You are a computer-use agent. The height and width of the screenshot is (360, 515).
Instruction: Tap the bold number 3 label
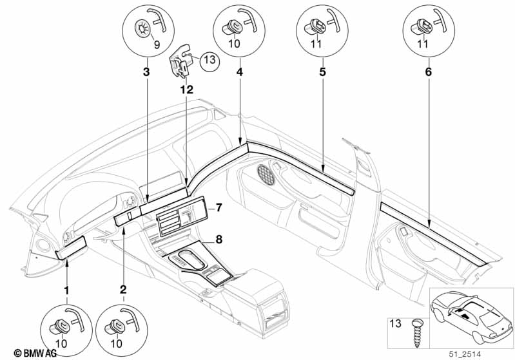click(146, 72)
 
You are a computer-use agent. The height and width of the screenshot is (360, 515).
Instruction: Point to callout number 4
click(239, 72)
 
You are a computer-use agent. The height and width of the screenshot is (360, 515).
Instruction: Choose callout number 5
click(321, 72)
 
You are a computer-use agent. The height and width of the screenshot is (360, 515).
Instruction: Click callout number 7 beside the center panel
click(219, 207)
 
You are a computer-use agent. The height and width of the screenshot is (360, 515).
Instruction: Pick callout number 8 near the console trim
click(219, 240)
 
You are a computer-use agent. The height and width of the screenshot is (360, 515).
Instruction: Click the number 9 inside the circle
click(156, 44)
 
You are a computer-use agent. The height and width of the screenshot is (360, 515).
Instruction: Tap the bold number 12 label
click(186, 91)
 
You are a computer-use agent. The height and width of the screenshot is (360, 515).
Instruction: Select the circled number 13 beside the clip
click(209, 61)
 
